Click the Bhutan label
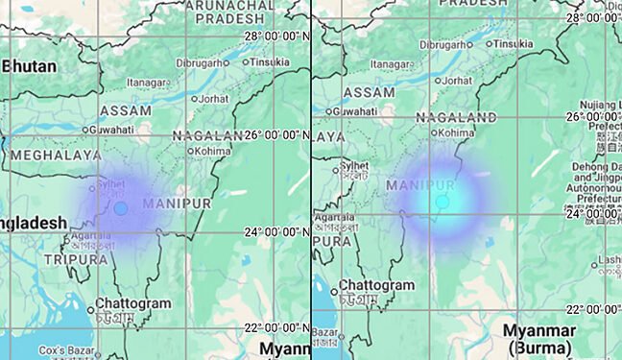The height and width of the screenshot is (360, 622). tap(30, 66)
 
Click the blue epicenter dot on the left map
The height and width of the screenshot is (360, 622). tap(120, 207)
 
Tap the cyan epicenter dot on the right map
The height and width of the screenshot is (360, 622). tap(442, 202)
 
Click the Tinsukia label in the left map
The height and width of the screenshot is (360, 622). tap(270, 61)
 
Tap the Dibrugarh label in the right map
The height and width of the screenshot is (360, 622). tap(443, 44)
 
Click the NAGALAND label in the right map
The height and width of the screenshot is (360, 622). tap(455, 116)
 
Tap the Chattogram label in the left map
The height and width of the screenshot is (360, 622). tap(132, 303)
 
